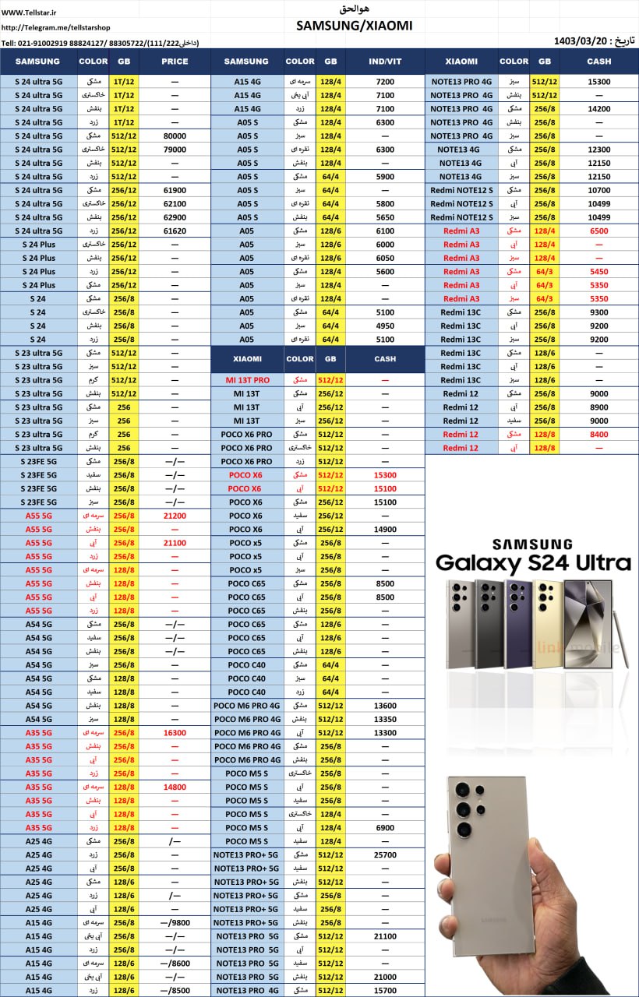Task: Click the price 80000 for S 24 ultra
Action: tap(175, 136)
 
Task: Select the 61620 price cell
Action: tap(175, 231)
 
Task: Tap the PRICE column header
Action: tap(175, 62)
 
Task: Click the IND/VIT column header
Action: tap(385, 62)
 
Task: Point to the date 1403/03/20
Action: tap(577, 41)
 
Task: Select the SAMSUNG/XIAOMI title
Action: tap(355, 26)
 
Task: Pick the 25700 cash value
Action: tap(385, 854)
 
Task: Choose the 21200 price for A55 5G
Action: tap(175, 516)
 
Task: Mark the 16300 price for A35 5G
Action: tap(175, 733)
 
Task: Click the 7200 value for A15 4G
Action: tap(385, 81)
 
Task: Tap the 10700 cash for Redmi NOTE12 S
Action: tap(598, 190)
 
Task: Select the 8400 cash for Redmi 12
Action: tap(598, 434)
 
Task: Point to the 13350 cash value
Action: tap(385, 719)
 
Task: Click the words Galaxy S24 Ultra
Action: tap(532, 563)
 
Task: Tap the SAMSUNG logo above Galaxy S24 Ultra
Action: tap(532, 544)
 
